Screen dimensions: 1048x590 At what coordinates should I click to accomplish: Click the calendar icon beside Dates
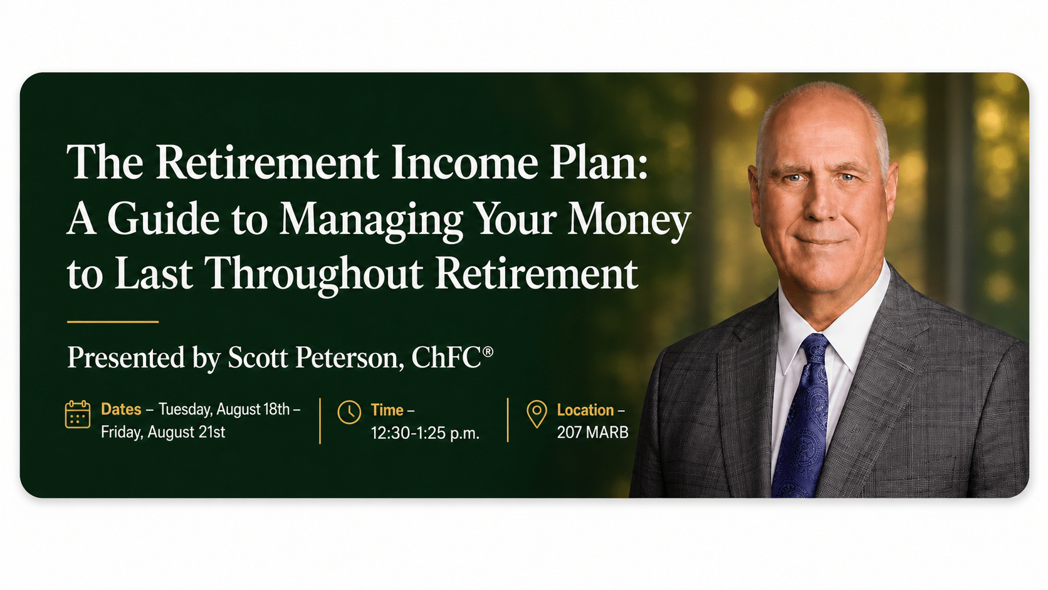click(78, 414)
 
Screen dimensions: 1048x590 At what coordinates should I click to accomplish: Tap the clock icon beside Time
click(349, 412)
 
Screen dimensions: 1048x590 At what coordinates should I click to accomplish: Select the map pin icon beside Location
click(537, 414)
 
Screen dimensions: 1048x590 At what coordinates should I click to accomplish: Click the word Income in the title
click(464, 162)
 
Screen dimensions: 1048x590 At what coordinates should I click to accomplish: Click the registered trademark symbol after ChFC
click(488, 351)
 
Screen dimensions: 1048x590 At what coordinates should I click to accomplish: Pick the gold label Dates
click(121, 409)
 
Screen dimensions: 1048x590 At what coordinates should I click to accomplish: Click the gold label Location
click(585, 410)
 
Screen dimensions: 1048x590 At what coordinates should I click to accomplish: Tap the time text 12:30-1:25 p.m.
click(426, 433)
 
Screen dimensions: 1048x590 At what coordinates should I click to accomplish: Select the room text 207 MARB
click(592, 433)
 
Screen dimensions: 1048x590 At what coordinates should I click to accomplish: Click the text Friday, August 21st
click(163, 432)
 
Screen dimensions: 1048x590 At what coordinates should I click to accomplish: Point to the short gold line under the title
click(113, 322)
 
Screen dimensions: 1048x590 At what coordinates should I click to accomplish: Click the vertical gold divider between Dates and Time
click(320, 421)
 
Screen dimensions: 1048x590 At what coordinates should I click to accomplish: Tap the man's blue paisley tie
click(802, 416)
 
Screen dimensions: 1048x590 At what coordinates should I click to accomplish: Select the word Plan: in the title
click(599, 163)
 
